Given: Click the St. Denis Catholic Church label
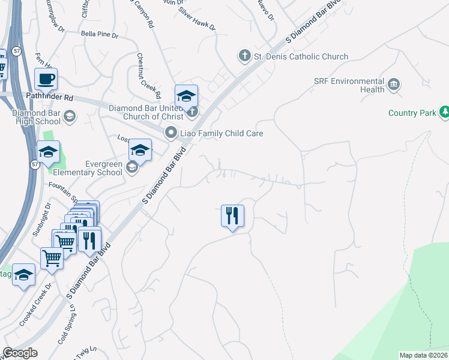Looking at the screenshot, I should tap(301, 56).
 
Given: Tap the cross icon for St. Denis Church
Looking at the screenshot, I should tap(244, 56).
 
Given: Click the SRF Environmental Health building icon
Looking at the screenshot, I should tap(394, 85).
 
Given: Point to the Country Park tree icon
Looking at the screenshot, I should tap(444, 112).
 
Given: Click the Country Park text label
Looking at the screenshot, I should tap(412, 113).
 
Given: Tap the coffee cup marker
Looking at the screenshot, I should tap(46, 78).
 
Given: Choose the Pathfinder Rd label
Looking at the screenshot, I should tap(49, 97).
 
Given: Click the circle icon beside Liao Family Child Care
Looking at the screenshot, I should tap(171, 133).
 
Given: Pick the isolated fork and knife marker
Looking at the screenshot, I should tap(232, 215).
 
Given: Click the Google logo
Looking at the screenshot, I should tap(20, 353).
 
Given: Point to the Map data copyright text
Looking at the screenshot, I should tap(424, 355).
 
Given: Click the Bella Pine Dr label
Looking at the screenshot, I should tap(100, 35).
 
